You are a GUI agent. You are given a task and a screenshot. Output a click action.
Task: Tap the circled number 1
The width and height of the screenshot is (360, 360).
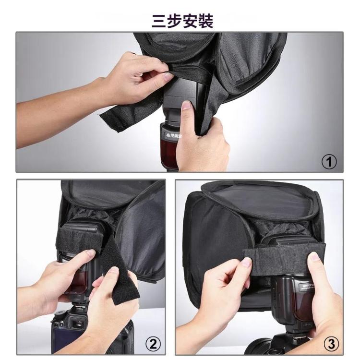(x=329, y=162)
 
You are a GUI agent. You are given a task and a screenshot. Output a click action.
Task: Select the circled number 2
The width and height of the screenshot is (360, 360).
(x=152, y=343)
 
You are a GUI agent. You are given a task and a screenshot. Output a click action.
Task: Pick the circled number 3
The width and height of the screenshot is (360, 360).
(x=331, y=343)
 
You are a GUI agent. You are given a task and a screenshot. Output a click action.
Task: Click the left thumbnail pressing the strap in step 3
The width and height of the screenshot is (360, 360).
(x=246, y=262)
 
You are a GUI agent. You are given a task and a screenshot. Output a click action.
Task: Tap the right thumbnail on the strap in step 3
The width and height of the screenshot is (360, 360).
(x=315, y=257)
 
